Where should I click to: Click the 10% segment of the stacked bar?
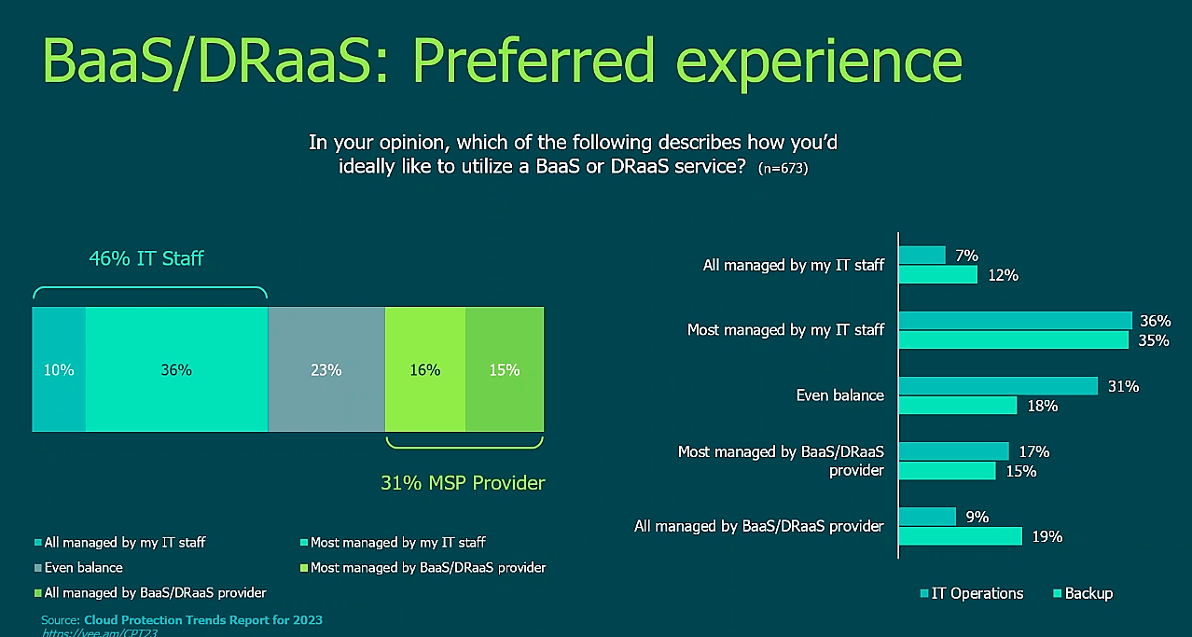coord(59,369)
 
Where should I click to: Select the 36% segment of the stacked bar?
coord(176,369)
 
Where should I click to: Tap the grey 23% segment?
coord(326,369)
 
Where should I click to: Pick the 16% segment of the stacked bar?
coord(424,369)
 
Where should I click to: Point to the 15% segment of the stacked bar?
coord(504,369)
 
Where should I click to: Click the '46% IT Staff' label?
coord(146,258)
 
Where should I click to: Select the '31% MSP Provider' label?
coord(463,482)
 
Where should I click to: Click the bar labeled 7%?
coord(922,256)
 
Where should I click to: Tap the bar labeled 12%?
coord(937,274)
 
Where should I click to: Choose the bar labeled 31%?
coord(998,386)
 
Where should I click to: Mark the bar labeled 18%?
coord(958,405)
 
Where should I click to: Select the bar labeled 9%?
coord(928,517)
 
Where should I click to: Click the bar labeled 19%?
coord(960,535)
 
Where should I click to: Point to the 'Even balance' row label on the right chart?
coord(839,395)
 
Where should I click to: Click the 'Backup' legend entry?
coord(1088,593)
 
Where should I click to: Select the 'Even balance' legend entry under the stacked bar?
coord(83,567)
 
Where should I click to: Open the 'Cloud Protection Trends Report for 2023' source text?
coord(202,620)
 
